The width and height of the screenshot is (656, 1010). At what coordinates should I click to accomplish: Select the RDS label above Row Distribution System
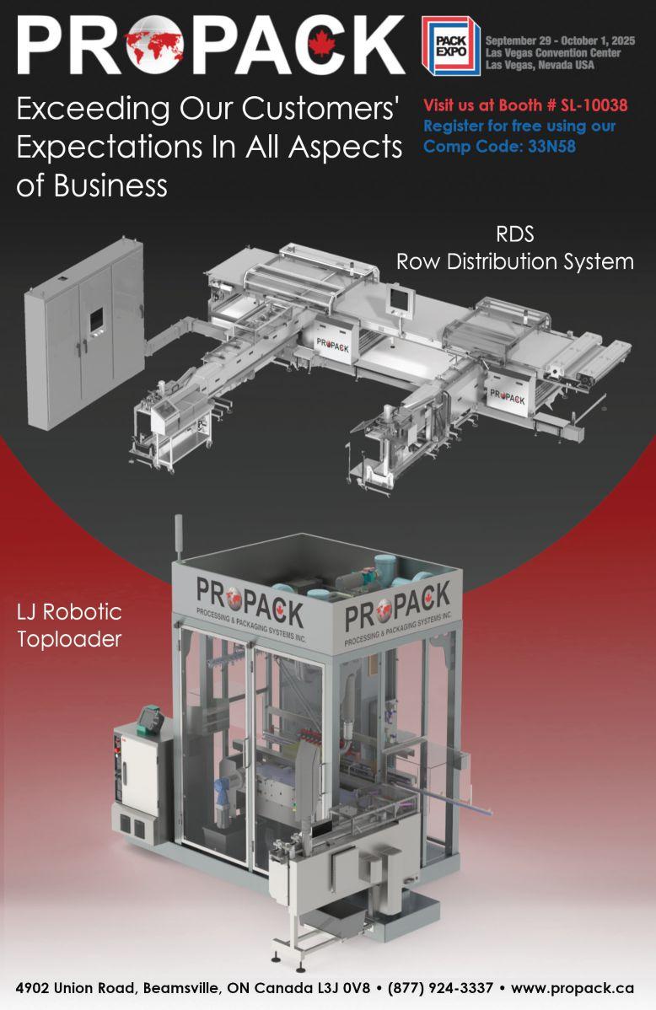pyautogui.click(x=514, y=234)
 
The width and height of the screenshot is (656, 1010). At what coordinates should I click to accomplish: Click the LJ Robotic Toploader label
pyautogui.click(x=69, y=625)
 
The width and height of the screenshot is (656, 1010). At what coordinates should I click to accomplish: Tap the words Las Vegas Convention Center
pyautogui.click(x=553, y=53)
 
